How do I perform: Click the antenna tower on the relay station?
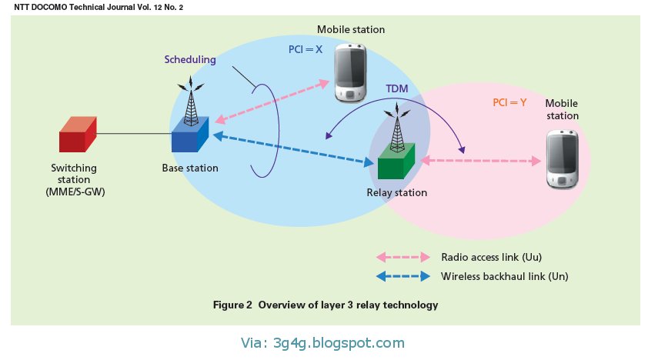(397, 127)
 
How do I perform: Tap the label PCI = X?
(300, 48)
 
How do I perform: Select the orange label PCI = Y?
(509, 102)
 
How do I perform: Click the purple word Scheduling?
(190, 59)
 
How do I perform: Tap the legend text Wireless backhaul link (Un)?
(504, 276)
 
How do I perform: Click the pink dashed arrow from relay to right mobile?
(478, 161)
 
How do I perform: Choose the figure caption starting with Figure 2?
(325, 305)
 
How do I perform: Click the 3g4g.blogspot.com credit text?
(323, 343)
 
